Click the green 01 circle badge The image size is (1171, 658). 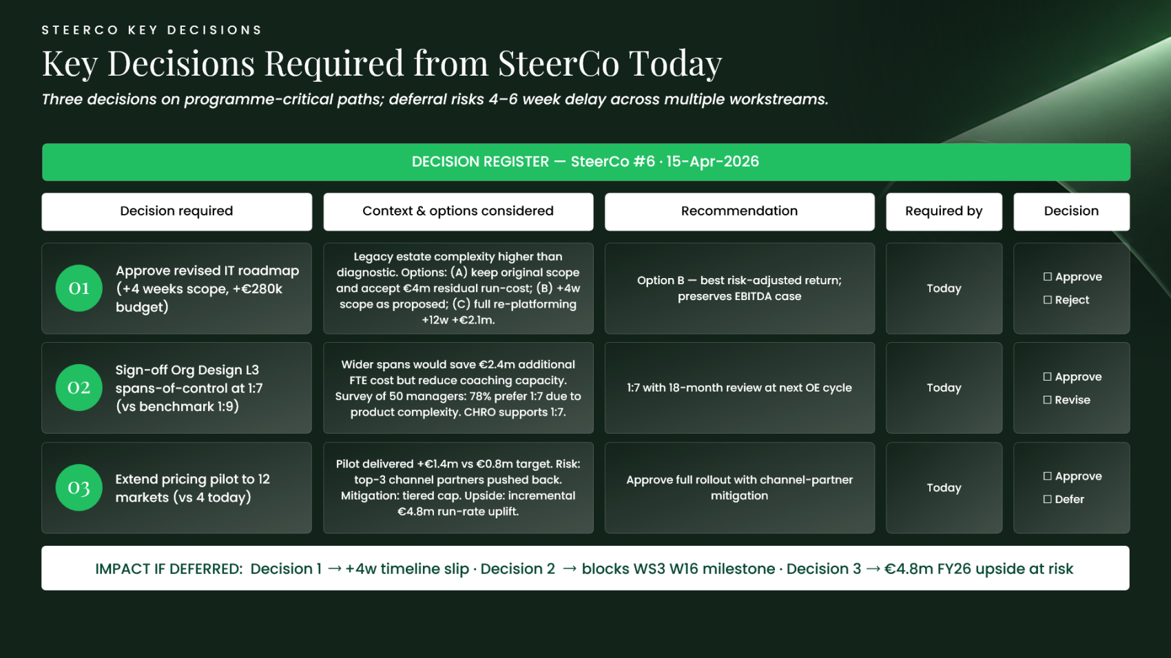coord(79,288)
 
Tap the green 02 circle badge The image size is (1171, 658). coord(79,388)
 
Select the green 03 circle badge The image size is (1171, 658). coord(79,488)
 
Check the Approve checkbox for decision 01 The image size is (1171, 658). coord(1048,277)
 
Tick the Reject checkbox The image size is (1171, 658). coord(1048,300)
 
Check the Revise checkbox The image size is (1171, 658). coord(1048,400)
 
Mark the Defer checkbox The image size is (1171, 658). coord(1048,499)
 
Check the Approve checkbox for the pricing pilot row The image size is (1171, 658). coord(1048,476)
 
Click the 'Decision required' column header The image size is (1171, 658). coord(177,211)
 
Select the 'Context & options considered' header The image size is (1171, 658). coord(458,211)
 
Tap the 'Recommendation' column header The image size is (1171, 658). coord(740,211)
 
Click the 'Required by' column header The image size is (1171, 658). coord(944,211)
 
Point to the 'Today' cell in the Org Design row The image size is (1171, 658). coord(944,388)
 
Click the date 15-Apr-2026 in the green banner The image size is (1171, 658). coord(712,162)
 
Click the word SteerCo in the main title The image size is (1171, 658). coord(559,63)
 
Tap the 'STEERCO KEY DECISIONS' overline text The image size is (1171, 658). coord(152,30)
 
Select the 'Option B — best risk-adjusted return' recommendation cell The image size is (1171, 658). coord(740,288)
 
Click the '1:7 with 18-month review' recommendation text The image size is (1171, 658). coord(740,388)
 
